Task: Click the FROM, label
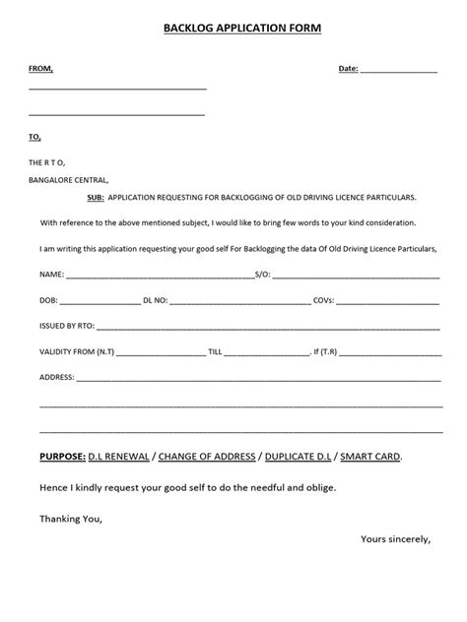click(x=41, y=69)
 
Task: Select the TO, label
click(x=35, y=137)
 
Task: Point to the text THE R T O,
click(x=47, y=162)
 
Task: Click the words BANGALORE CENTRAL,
click(x=69, y=180)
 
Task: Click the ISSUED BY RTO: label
click(x=67, y=325)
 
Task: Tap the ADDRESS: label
click(x=57, y=378)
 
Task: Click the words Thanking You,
click(x=70, y=518)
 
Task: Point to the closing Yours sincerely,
click(x=395, y=539)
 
